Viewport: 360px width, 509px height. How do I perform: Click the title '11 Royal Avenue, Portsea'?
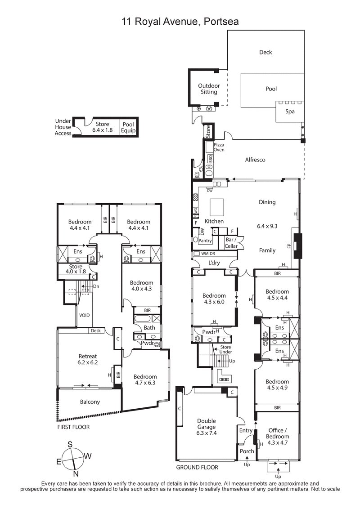[180, 21]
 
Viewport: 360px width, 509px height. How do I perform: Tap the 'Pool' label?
[271, 89]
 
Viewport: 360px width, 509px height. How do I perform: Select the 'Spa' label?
[290, 112]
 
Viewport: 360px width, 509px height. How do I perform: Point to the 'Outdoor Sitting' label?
[209, 89]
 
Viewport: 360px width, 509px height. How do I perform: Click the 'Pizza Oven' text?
[219, 147]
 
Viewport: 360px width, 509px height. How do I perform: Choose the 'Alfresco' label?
[255, 160]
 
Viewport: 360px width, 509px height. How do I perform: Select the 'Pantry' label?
[205, 241]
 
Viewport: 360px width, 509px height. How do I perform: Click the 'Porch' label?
[247, 451]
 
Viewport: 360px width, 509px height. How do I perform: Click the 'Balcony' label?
[90, 402]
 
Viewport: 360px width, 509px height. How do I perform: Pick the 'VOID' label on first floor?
[85, 315]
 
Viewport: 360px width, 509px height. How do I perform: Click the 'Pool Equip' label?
[128, 128]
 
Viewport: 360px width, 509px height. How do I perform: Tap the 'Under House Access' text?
[63, 127]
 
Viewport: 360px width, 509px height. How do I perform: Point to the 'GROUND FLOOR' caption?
[197, 468]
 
